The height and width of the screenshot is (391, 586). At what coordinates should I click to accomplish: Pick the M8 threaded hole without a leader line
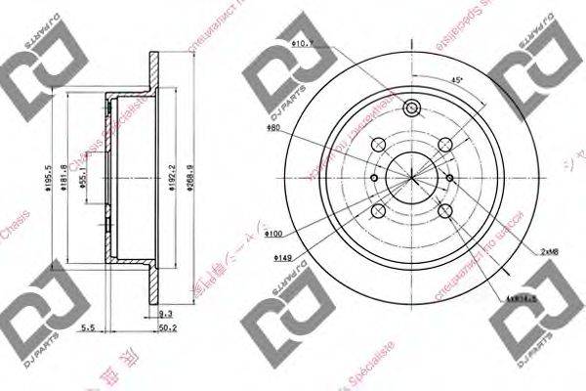[x=376, y=178]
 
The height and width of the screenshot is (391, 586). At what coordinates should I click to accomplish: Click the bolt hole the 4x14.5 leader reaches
[x=445, y=211]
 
